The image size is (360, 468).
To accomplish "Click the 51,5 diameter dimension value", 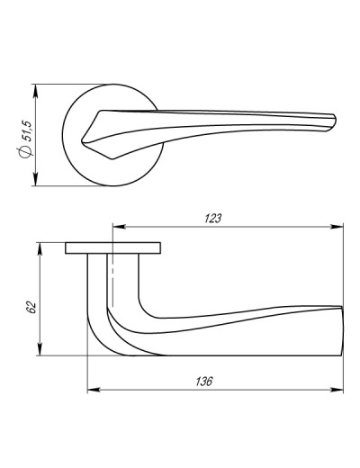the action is (x=26, y=130).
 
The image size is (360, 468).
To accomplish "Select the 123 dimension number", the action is (x=212, y=219).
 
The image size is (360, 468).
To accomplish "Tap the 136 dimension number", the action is (x=204, y=382).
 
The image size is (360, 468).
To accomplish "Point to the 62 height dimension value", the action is (x=31, y=307).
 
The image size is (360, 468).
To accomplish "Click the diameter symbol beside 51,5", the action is (x=25, y=151).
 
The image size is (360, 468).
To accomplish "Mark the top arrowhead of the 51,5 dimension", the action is (x=36, y=91).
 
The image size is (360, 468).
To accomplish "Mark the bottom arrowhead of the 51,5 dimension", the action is (x=36, y=179).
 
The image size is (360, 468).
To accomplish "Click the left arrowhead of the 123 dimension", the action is (x=119, y=227).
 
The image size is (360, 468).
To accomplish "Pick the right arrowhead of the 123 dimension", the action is (x=337, y=227).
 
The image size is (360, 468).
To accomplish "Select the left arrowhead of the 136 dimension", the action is (x=94, y=390).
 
